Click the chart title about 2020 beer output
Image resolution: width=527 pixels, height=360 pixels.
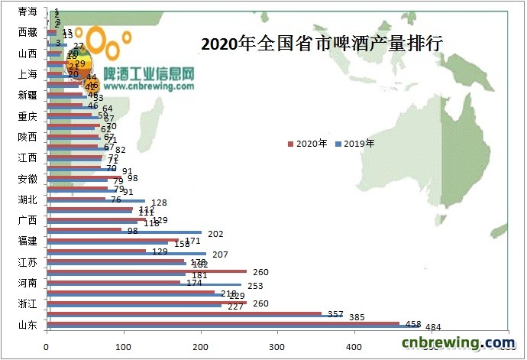pyautogui.click(x=322, y=44)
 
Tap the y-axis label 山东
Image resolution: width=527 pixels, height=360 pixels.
pyautogui.click(x=27, y=326)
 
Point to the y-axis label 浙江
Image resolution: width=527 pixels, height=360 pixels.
pyautogui.click(x=27, y=304)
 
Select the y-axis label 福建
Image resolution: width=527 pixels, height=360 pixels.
pyautogui.click(x=27, y=242)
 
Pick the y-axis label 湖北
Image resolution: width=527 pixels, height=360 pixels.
pyautogui.click(x=27, y=200)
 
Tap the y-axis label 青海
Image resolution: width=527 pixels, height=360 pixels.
pyautogui.click(x=27, y=12)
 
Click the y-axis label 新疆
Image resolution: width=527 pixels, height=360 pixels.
pyautogui.click(x=27, y=96)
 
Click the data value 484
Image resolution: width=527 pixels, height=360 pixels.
pyautogui.click(x=433, y=328)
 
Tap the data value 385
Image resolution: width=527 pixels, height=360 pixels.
pyautogui.click(x=357, y=316)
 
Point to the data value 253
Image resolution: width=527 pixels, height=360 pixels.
pyautogui.click(x=255, y=286)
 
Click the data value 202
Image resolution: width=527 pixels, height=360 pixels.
pyautogui.click(x=215, y=234)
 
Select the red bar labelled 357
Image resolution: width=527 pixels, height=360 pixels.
pyautogui.click(x=183, y=313)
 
